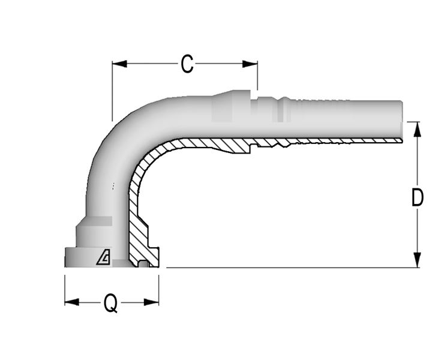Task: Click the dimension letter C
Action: pyautogui.click(x=187, y=64)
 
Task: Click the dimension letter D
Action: pyautogui.click(x=418, y=197)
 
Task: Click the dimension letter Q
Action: pyautogui.click(x=111, y=303)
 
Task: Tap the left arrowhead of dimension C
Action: pyautogui.click(x=119, y=64)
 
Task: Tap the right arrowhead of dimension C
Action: pyautogui.click(x=250, y=64)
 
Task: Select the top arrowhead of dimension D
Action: pyautogui.click(x=418, y=129)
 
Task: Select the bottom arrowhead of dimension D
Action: pyautogui.click(x=418, y=260)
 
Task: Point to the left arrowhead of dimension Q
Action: pyautogui.click(x=71, y=302)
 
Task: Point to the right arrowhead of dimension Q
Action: pyautogui.click(x=152, y=302)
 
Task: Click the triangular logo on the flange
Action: pyautogui.click(x=104, y=259)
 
